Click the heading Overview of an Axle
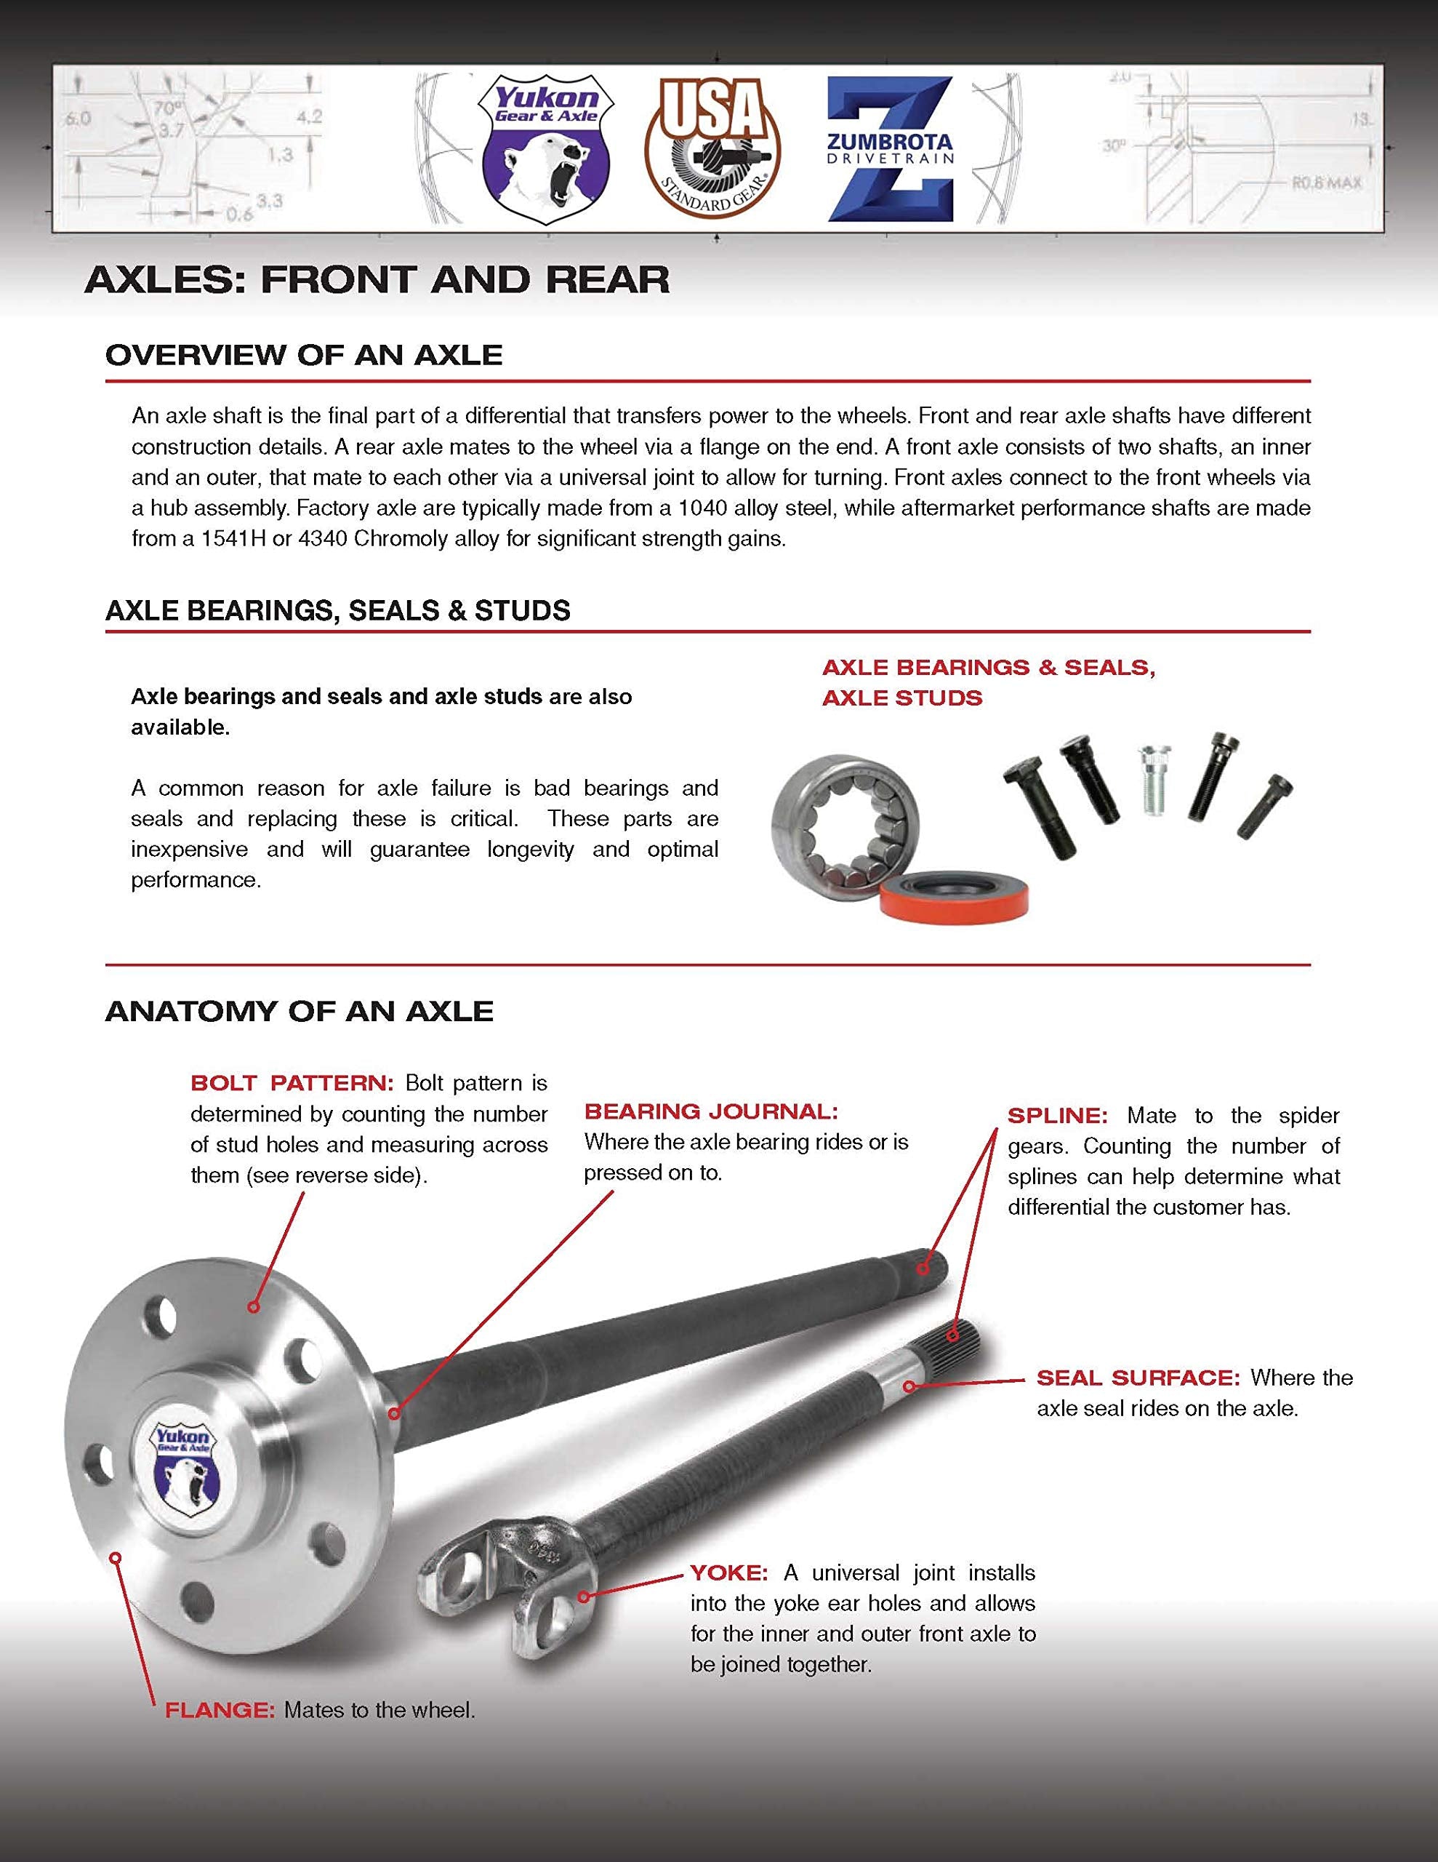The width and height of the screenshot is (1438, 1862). (x=303, y=356)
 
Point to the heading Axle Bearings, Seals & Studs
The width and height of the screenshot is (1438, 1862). (x=337, y=610)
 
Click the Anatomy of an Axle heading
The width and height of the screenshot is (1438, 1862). (x=300, y=1011)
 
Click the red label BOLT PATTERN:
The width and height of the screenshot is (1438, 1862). (x=292, y=1084)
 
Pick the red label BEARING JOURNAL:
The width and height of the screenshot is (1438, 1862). (x=711, y=1111)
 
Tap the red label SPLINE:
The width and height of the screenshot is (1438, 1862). (x=1057, y=1116)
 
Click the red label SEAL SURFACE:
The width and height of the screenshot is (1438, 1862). (x=1137, y=1378)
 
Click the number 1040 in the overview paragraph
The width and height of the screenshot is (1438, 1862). (x=704, y=509)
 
